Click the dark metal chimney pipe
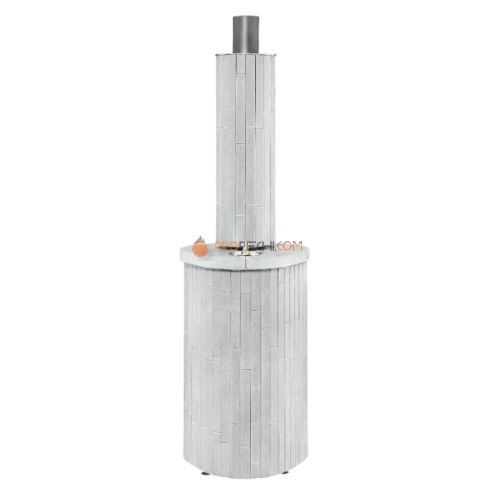245,34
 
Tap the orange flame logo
200,245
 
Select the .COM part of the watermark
289,246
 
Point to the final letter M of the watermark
298,246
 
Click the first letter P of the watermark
219,246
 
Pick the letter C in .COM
280,246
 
